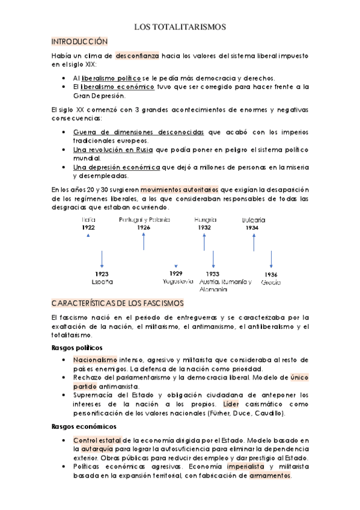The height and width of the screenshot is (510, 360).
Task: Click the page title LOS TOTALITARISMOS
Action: tap(180, 27)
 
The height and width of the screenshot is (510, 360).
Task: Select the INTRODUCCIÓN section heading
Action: tap(79, 41)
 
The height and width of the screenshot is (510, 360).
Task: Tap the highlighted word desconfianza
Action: tap(138, 55)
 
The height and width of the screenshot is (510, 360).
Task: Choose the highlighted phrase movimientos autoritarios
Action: tap(185, 189)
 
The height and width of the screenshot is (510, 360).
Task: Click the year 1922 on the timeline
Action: tap(89, 227)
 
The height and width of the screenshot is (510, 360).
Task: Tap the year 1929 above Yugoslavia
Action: tap(175, 274)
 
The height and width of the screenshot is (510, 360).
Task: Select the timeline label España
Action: tap(102, 281)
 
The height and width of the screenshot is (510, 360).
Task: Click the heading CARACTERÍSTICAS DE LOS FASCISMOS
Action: tap(117, 303)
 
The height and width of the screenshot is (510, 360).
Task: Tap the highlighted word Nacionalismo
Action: tap(94, 359)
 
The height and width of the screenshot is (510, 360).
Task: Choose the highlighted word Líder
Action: tap(232, 404)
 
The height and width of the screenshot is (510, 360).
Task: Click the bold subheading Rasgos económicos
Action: tap(81, 426)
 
